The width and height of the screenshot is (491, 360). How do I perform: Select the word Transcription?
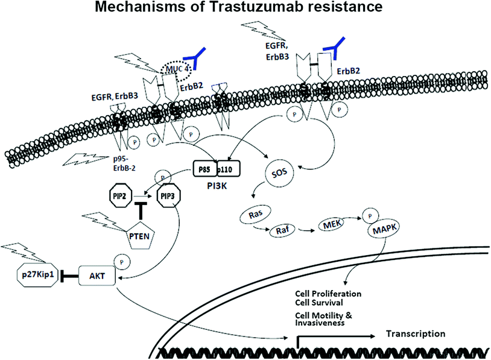pos(416,333)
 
